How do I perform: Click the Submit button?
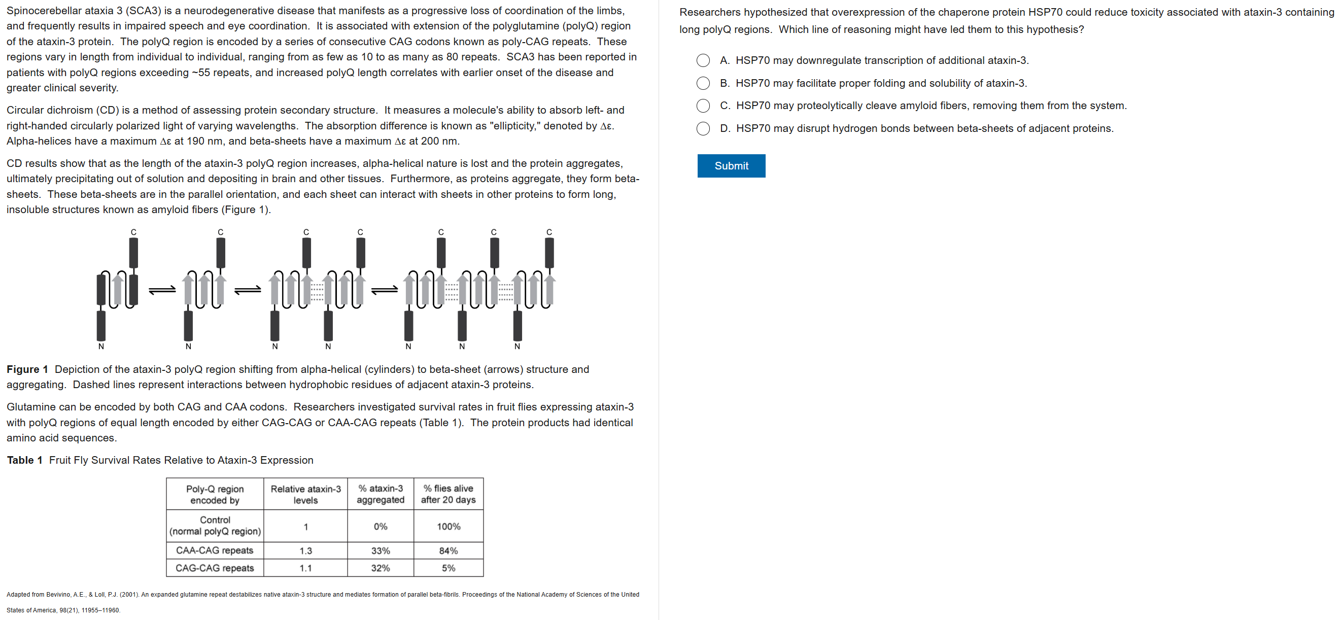pos(731,166)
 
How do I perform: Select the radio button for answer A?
pos(703,60)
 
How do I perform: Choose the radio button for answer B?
pos(703,83)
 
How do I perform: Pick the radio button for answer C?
pos(703,106)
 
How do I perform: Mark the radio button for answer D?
pos(703,129)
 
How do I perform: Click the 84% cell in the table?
pos(448,550)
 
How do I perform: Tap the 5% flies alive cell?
pos(448,568)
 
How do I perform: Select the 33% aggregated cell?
pos(381,550)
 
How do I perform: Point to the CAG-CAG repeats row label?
pos(215,568)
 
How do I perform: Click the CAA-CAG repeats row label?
pos(215,550)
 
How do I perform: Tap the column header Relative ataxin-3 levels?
pos(305,494)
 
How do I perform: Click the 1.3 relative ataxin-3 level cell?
pos(305,550)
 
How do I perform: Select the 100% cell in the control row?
pos(448,526)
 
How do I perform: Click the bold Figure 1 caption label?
pos(27,369)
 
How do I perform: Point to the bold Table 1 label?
pos(24,460)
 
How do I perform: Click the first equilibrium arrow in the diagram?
pos(162,290)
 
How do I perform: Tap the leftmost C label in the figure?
pos(133,232)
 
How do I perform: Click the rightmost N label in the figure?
pos(517,347)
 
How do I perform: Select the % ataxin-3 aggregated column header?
pos(381,494)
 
